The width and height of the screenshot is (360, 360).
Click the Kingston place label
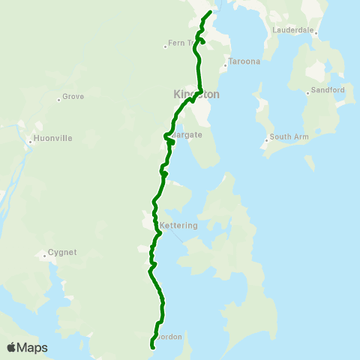click(196, 95)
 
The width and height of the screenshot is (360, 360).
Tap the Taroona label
click(244, 61)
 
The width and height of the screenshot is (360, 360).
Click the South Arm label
click(289, 137)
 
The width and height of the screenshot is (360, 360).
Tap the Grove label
click(73, 97)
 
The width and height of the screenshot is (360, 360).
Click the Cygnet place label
click(61, 253)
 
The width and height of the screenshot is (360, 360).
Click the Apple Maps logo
click(27, 347)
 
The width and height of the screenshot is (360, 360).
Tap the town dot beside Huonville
click(30, 139)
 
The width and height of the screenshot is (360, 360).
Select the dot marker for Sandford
click(307, 92)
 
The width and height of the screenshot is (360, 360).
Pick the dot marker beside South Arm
click(266, 139)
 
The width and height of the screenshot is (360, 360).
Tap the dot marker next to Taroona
click(224, 61)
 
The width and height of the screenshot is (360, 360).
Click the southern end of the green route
click(153, 347)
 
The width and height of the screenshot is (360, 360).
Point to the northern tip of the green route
click(211, 12)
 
